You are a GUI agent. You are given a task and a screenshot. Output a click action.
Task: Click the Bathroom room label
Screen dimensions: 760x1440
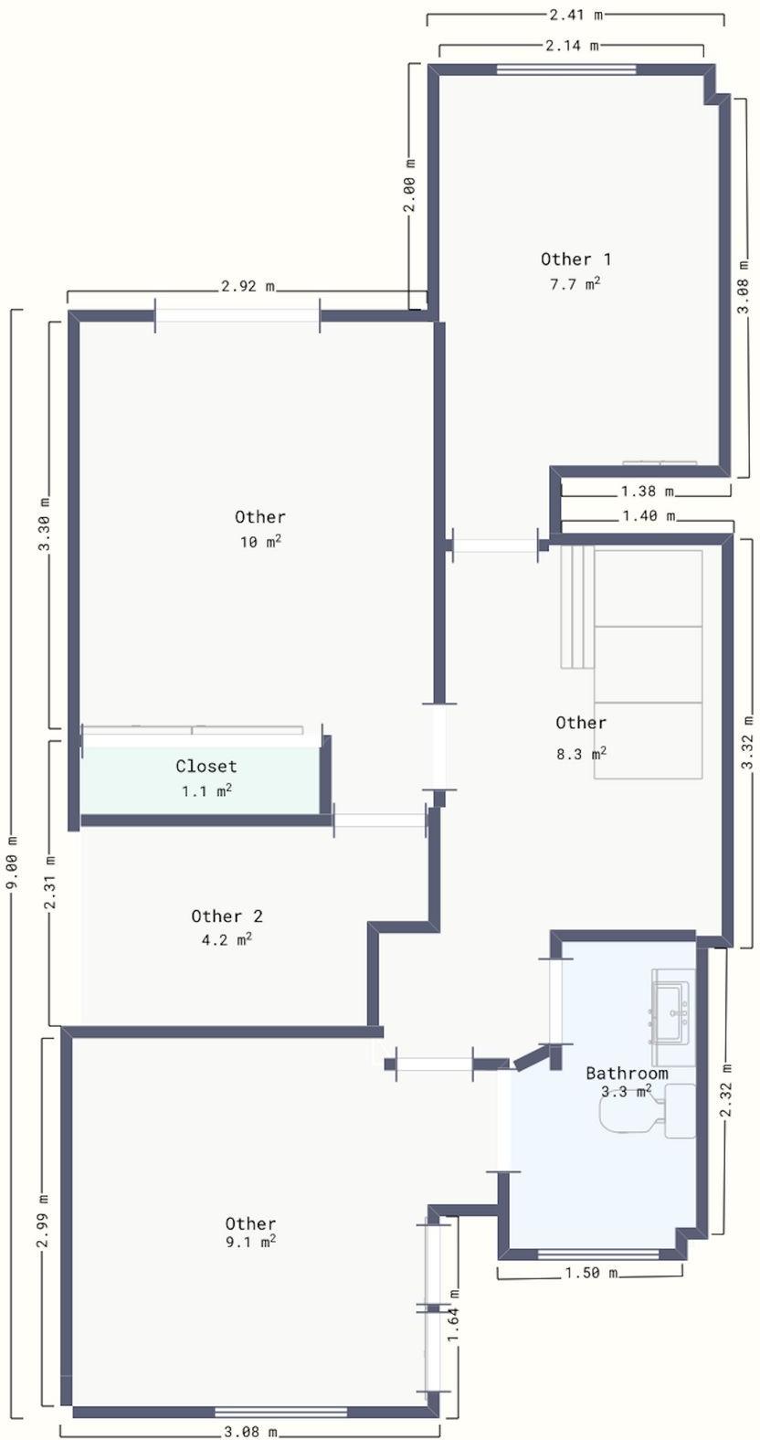click(627, 1073)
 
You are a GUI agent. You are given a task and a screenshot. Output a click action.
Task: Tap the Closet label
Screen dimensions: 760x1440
click(206, 766)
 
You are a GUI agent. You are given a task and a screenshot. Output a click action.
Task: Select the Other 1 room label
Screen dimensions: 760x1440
click(575, 259)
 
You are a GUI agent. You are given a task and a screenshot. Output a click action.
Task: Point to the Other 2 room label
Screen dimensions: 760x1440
click(227, 916)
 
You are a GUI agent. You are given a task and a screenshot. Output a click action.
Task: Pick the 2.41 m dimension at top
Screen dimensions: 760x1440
click(576, 14)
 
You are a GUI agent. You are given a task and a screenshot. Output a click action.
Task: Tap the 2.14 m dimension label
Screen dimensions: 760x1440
click(572, 45)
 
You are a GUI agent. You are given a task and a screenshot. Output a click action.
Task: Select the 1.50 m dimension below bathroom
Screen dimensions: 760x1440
click(590, 1272)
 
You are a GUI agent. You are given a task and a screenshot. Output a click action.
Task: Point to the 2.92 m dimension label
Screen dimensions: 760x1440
click(248, 286)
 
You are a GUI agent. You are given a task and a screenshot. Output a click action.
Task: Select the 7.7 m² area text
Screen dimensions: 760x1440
click(575, 283)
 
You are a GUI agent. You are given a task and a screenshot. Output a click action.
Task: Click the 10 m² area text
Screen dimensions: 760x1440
click(261, 542)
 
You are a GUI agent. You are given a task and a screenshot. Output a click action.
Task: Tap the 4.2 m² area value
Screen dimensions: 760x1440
click(227, 940)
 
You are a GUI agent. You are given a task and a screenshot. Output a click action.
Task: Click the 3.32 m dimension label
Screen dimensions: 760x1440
click(746, 742)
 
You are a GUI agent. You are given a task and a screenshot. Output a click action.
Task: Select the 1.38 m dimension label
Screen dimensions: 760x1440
click(647, 492)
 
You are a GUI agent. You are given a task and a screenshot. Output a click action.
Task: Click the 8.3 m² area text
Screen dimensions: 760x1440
click(581, 753)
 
